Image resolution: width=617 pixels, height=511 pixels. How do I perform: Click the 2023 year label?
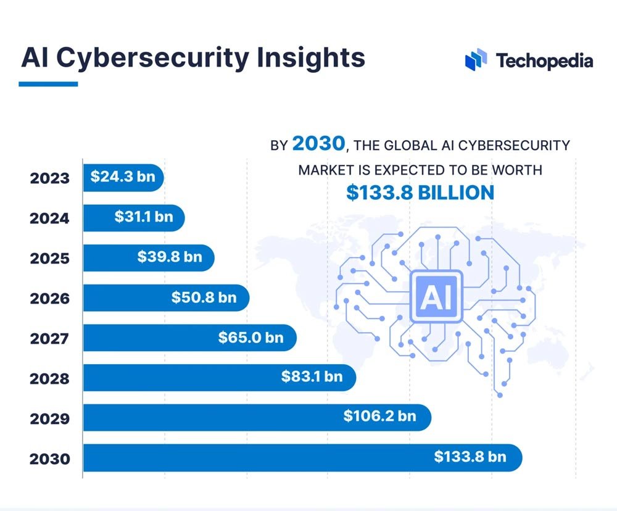click(x=49, y=178)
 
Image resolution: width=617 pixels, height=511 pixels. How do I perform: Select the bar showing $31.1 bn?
click(x=133, y=218)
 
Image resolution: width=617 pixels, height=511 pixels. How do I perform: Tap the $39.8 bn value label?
click(x=170, y=257)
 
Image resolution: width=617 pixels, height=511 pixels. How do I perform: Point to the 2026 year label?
click(x=49, y=298)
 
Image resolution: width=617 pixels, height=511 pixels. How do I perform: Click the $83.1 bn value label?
click(x=312, y=376)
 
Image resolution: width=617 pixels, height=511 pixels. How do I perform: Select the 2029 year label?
click(x=49, y=418)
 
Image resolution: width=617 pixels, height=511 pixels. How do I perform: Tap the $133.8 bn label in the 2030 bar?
click(x=470, y=457)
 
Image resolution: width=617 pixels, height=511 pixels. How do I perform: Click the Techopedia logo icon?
click(x=476, y=60)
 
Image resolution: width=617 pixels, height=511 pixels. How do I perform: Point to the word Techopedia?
click(x=544, y=60)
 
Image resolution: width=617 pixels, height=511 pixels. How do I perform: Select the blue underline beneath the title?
click(x=48, y=83)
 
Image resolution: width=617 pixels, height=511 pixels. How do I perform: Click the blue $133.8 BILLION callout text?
click(x=420, y=192)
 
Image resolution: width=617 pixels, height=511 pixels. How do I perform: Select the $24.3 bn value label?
click(x=123, y=177)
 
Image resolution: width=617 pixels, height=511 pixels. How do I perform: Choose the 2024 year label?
click(x=49, y=218)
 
